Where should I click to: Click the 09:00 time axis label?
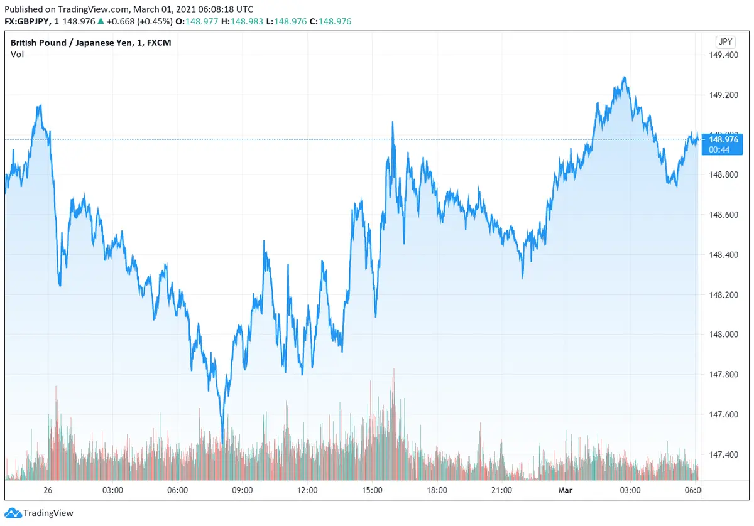243,490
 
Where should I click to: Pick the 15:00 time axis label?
372,490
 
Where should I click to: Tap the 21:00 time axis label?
501,490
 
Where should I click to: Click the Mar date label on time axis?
565,490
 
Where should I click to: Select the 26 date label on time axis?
48,490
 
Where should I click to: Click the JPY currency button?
724,42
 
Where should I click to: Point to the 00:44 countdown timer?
719,149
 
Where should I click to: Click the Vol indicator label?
17,55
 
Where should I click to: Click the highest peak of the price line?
624,77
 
